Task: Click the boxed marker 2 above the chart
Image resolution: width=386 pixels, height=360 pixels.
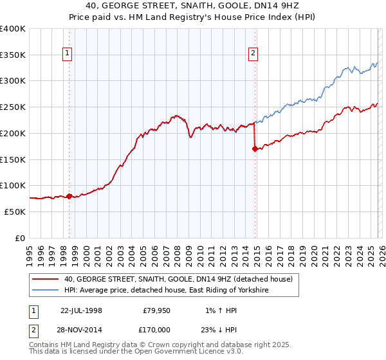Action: point(253,53)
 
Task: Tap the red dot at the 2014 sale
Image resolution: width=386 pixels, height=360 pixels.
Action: point(255,148)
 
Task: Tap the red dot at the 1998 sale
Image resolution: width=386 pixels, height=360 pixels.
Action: point(69,196)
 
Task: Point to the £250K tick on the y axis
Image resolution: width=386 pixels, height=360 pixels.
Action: point(13,107)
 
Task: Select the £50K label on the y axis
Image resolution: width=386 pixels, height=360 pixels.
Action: point(15,212)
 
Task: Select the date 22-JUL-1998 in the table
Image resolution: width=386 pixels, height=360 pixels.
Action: point(81,310)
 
